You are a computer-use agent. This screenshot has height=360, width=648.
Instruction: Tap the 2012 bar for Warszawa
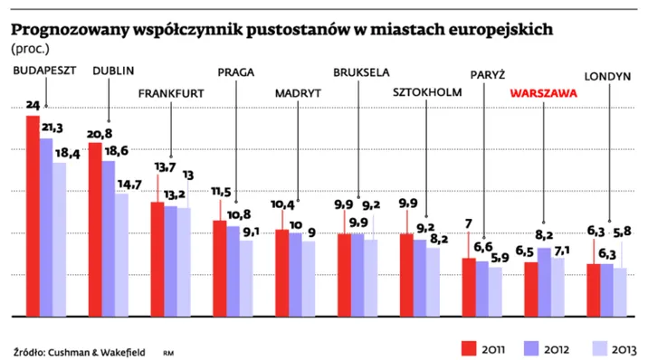tap(544, 282)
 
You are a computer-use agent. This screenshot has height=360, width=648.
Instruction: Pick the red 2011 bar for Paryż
tap(468, 288)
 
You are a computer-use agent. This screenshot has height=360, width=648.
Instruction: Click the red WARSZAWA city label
tap(543, 93)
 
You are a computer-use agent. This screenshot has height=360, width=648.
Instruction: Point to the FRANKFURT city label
tap(170, 93)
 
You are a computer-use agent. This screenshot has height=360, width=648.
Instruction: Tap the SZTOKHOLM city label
tap(427, 93)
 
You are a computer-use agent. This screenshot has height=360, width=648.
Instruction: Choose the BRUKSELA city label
tap(361, 71)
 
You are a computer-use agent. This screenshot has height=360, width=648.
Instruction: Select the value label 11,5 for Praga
tap(221, 192)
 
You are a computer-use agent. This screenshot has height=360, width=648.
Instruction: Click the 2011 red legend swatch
tap(469, 346)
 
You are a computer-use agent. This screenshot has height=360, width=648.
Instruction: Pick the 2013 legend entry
tap(624, 347)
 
